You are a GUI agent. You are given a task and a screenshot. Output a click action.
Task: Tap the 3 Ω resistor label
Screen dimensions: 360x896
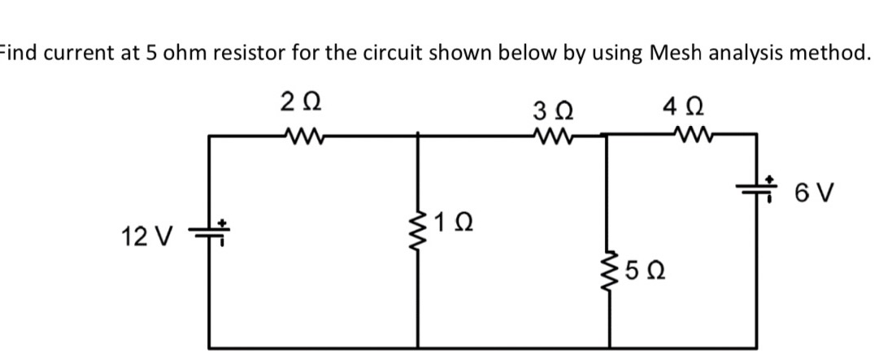(556, 108)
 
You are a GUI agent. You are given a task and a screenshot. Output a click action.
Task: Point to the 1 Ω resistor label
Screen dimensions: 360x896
(452, 220)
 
